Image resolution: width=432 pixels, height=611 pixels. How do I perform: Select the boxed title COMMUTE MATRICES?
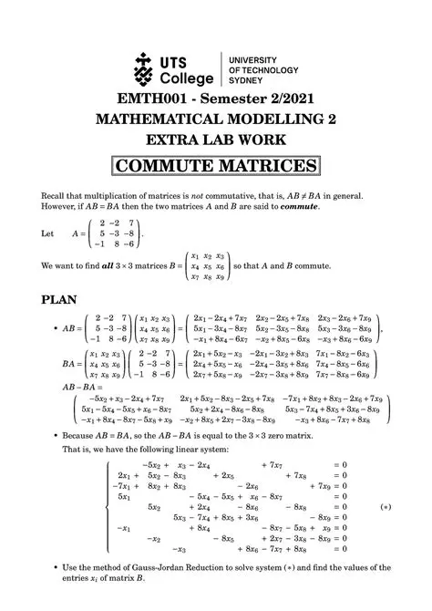216,166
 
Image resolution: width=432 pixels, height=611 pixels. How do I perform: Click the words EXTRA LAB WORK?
216,141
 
